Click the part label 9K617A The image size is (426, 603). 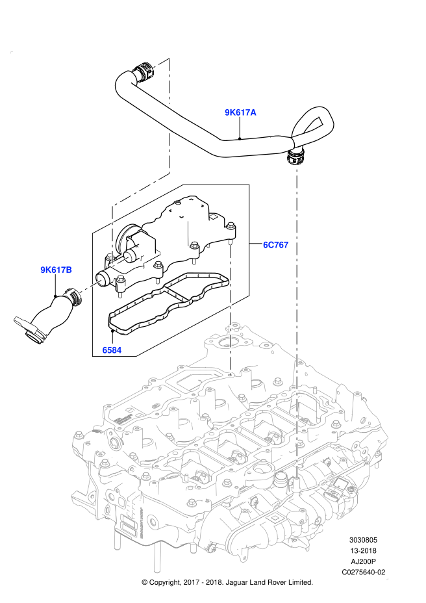240,112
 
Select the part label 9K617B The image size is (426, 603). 56,270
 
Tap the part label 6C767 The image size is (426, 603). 276,244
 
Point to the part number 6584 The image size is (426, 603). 112,350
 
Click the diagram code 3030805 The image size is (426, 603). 363,540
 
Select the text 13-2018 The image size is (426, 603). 363,551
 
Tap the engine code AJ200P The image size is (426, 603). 363,561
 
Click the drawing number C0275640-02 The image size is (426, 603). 363,572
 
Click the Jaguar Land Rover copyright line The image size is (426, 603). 227,582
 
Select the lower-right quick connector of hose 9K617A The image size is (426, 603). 296,157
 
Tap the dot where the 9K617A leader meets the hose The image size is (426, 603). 240,138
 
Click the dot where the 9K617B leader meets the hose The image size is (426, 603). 56,296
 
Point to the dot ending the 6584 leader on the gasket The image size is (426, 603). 112,330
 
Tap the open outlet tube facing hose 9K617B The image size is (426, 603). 102,278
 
